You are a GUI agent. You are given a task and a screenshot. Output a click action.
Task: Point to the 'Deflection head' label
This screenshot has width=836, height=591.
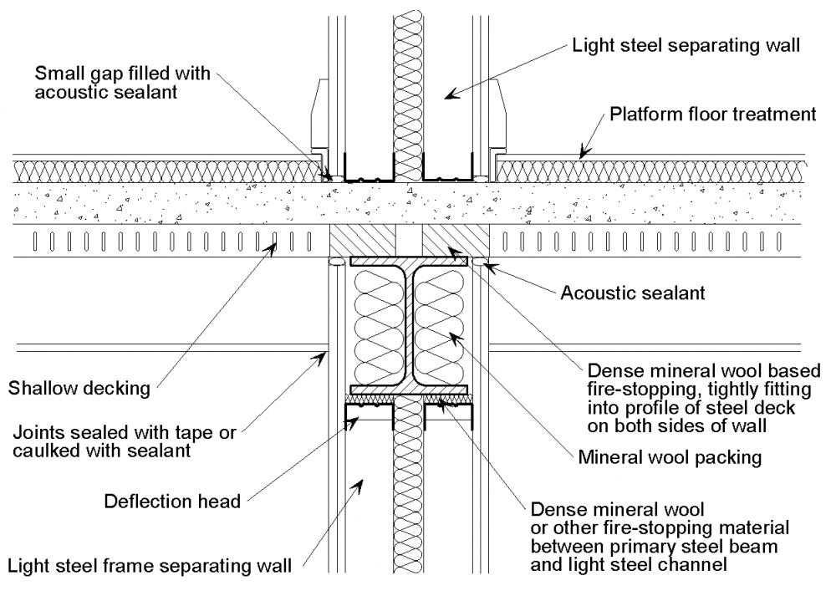click(x=171, y=502)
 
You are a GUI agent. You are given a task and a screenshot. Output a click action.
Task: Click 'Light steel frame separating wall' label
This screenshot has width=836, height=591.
click(x=150, y=566)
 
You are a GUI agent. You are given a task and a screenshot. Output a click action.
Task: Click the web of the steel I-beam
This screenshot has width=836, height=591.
click(x=409, y=326)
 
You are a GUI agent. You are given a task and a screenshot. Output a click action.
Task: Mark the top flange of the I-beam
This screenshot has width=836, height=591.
click(x=409, y=262)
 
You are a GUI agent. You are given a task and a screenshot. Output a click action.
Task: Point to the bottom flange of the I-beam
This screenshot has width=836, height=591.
click(x=409, y=390)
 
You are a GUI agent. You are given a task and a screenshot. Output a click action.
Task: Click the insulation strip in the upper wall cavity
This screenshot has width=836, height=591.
click(x=409, y=84)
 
